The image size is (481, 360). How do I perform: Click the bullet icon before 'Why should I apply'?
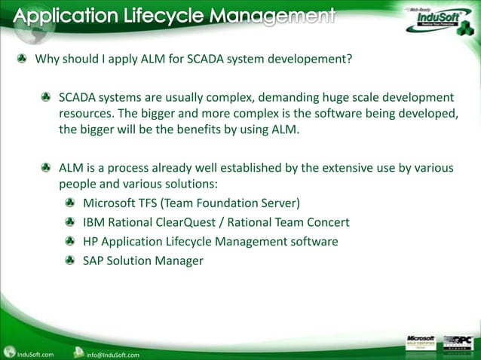[x=23, y=59]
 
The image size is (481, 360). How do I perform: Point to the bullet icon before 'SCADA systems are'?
[x=47, y=98]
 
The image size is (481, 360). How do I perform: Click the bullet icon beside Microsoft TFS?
[x=69, y=203]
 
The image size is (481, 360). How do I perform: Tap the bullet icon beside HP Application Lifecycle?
[x=69, y=242]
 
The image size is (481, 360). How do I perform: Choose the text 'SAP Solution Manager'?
[x=143, y=261]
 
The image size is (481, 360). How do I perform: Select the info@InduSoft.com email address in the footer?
[x=112, y=354]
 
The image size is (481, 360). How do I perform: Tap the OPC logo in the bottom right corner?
[x=459, y=343]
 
